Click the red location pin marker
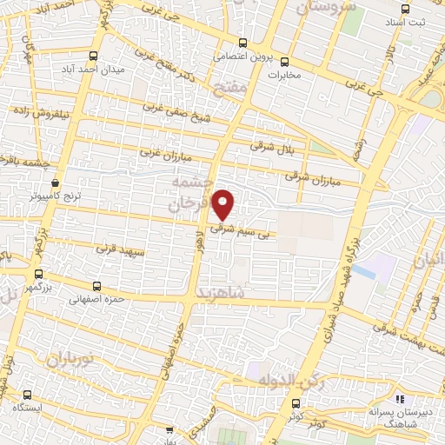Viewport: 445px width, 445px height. (224, 203)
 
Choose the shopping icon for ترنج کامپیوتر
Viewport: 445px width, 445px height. (56, 183)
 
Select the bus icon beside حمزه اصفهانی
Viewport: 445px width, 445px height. (95, 285)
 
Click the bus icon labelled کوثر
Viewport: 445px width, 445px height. (296, 403)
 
